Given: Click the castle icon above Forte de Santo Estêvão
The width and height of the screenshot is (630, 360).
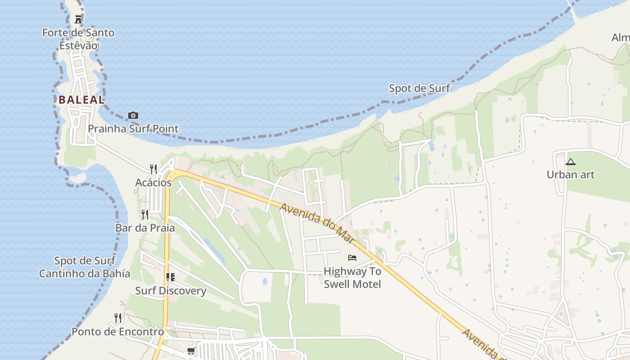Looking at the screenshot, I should pos(78,19).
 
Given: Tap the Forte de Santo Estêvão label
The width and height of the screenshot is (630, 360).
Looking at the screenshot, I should pos(78,39).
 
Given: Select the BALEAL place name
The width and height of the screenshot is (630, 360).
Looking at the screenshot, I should pos(81,100).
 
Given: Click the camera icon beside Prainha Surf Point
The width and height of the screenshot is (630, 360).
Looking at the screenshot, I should pos(133,116).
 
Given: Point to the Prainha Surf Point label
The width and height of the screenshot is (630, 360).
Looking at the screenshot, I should pos(133,129).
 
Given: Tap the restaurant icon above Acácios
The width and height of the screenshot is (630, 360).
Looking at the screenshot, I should pos(153,169).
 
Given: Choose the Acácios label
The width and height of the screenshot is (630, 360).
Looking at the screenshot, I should pos(153,183).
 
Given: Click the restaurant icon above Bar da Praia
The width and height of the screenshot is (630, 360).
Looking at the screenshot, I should pos(145,214).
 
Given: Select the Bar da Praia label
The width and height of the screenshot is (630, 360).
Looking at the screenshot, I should pos(145,228).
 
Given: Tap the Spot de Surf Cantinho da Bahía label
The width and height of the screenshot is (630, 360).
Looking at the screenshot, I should pos(85,267).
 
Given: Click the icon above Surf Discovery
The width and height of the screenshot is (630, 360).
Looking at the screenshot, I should pos(170,277).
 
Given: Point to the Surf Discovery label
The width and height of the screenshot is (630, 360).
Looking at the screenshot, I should pos(171,291).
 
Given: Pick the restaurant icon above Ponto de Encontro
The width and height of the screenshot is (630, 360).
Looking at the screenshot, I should pos(117,318).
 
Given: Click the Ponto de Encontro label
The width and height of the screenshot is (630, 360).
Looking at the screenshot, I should pos(118,332).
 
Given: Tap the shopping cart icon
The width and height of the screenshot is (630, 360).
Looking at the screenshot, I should pos(191,351).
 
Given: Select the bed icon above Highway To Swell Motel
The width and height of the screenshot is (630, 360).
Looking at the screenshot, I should pos(352,258).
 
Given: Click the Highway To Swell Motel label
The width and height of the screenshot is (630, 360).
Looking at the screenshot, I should pos(352,278).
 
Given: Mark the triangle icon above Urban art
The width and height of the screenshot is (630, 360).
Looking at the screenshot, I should pos(571,162).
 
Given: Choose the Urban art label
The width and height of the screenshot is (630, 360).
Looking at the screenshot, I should pos(571,175).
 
